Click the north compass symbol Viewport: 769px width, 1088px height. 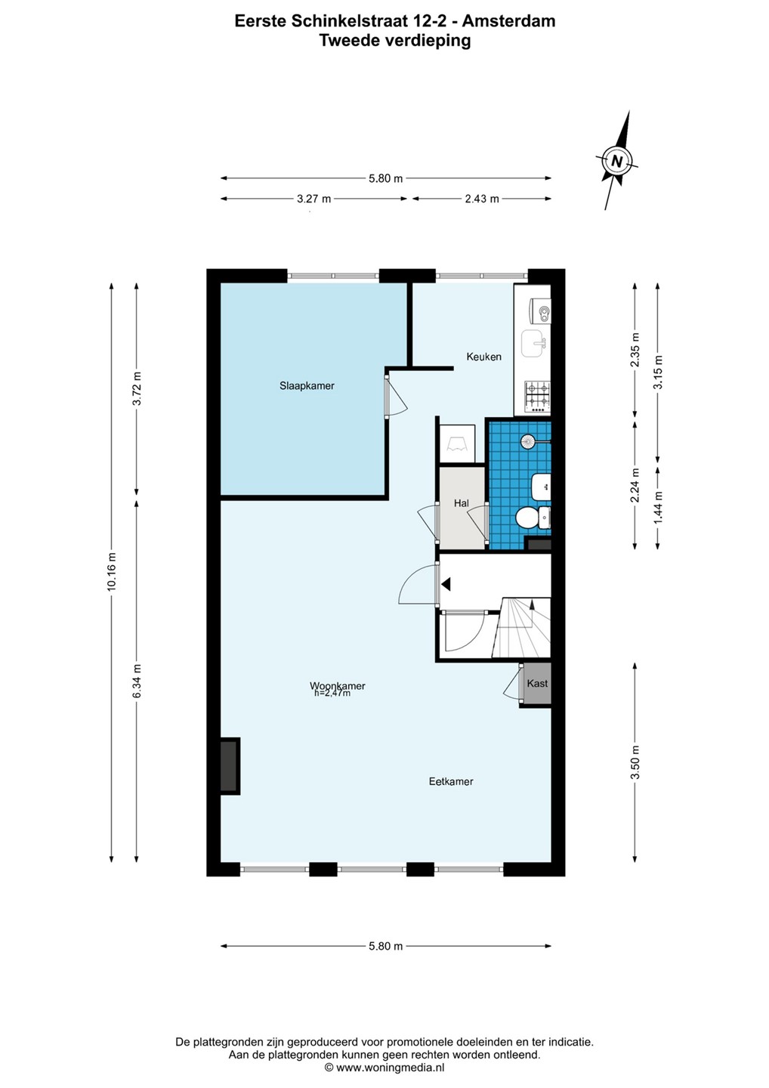pos(616,160)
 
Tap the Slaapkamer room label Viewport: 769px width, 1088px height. pos(307,386)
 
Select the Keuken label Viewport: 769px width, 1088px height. pos(483,357)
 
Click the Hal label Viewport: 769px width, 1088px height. pos(462,503)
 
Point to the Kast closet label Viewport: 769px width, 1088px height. pos(537,683)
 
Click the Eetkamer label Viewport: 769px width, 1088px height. pos(451,781)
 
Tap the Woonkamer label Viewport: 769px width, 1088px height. pos(338,686)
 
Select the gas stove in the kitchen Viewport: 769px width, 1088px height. pos(537,395)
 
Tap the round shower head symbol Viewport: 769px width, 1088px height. pos(528,441)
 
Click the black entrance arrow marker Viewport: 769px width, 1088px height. pos(446,584)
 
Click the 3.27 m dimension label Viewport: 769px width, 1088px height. pos(313,199)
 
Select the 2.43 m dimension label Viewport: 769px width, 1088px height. pos(482,199)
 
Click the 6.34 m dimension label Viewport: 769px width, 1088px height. pos(137,682)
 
